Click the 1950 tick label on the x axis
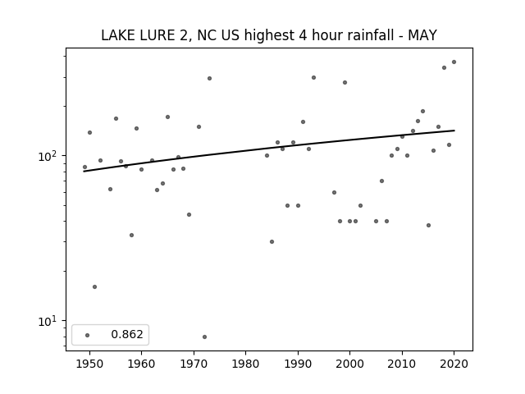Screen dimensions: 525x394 (x=89, y=364)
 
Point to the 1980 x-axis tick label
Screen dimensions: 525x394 (x=245, y=364)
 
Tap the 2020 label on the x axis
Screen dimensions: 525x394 (x=454, y=364)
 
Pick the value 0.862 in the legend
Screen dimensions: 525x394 (x=127, y=334)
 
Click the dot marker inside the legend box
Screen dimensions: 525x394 (x=88, y=335)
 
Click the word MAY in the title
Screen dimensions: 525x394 (x=422, y=35)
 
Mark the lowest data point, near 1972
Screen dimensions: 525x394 (x=204, y=337)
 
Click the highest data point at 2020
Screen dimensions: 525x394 (x=454, y=62)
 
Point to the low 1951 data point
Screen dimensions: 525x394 (x=95, y=286)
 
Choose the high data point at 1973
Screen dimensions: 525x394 (x=210, y=79)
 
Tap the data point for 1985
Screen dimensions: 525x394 (x=272, y=241)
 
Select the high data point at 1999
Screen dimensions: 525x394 (x=345, y=82)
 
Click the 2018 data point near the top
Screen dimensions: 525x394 (x=444, y=67)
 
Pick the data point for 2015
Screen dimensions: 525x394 (x=428, y=225)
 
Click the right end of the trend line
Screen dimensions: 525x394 (x=454, y=131)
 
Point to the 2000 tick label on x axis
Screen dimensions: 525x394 (x=350, y=364)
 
